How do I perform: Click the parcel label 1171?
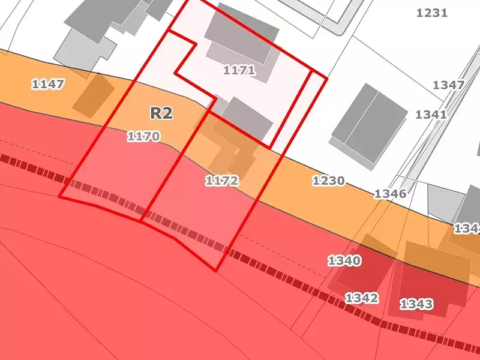point(239,70)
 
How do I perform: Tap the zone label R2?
point(161,113)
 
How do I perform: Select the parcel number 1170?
point(143,137)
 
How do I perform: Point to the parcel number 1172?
point(222,180)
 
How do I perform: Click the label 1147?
point(48,84)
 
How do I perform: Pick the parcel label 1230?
point(328,180)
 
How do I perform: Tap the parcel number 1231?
point(432,13)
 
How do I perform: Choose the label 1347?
point(448,85)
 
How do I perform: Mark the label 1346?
point(391,193)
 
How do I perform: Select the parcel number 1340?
point(344,260)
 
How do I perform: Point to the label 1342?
point(362,298)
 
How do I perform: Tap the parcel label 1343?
point(416,304)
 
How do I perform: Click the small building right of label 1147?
point(94,96)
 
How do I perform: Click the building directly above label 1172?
point(231,150)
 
